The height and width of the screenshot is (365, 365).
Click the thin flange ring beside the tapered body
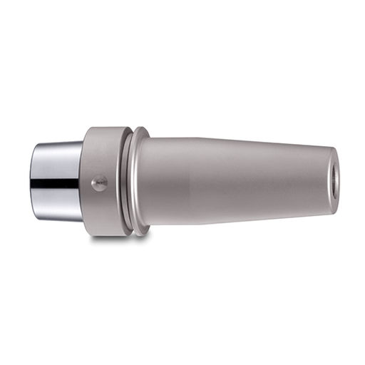[140, 182]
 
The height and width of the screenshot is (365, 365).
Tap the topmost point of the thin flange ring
[142, 128]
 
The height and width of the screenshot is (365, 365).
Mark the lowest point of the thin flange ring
[141, 236]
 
